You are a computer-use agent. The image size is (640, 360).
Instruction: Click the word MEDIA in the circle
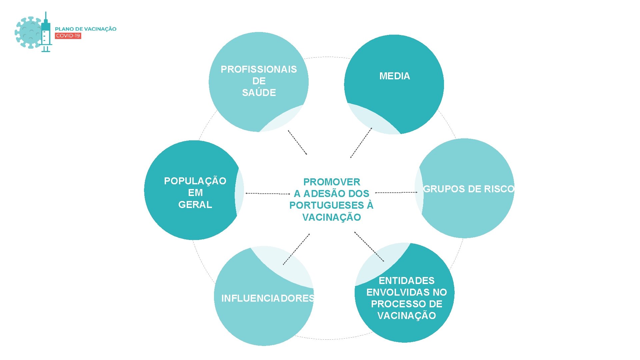[x=394, y=76]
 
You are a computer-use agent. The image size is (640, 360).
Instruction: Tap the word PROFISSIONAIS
[x=259, y=69]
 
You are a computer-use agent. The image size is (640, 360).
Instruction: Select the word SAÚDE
[x=259, y=93]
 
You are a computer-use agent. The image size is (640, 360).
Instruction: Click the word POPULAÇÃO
[x=195, y=181]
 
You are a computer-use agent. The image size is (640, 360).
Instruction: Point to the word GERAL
[x=195, y=205]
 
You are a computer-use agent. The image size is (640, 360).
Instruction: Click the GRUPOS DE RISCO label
[x=469, y=189]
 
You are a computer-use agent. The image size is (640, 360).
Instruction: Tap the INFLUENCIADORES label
[x=268, y=298]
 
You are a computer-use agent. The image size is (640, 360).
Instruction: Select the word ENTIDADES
[x=406, y=281]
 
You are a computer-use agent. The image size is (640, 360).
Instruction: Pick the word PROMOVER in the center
[x=332, y=182]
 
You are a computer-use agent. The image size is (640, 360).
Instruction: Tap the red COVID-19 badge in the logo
[x=68, y=36]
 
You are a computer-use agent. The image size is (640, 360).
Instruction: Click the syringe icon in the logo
[x=46, y=33]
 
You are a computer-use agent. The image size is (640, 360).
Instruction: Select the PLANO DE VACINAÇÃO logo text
[x=86, y=29]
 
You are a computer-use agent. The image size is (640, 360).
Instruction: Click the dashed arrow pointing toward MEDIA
[x=361, y=143]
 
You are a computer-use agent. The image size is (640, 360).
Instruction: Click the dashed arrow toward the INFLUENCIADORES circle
[x=296, y=249]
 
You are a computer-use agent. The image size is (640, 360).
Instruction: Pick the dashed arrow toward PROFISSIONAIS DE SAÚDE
[x=297, y=142]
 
